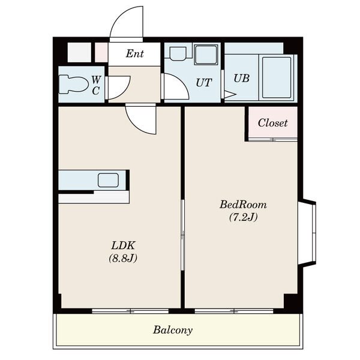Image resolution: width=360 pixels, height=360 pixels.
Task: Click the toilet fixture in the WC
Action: (x=74, y=85)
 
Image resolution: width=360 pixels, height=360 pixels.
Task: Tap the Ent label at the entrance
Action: (x=135, y=54)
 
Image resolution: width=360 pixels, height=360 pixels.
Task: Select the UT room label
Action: (x=203, y=83)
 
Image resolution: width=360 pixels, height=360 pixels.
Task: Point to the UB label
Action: (x=242, y=78)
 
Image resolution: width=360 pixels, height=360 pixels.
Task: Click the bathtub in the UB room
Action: (x=277, y=77)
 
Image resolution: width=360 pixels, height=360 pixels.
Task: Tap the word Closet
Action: (x=272, y=123)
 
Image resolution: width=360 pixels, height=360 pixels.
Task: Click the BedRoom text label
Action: (x=243, y=205)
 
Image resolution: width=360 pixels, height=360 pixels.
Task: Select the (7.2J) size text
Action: (x=243, y=217)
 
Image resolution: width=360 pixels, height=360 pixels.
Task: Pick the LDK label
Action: (x=123, y=245)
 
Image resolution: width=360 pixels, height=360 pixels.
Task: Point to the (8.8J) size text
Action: (x=123, y=258)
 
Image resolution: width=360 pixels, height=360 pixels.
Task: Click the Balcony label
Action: (x=173, y=331)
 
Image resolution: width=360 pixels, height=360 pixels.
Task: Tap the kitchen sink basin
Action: (x=109, y=180)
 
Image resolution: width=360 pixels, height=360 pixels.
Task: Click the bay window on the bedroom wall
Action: (x=307, y=233)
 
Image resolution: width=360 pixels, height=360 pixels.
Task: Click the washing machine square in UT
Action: (x=206, y=55)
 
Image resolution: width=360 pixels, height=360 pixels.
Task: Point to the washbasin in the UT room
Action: (x=178, y=53)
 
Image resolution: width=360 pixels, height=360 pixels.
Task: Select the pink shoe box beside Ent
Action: (x=101, y=53)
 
